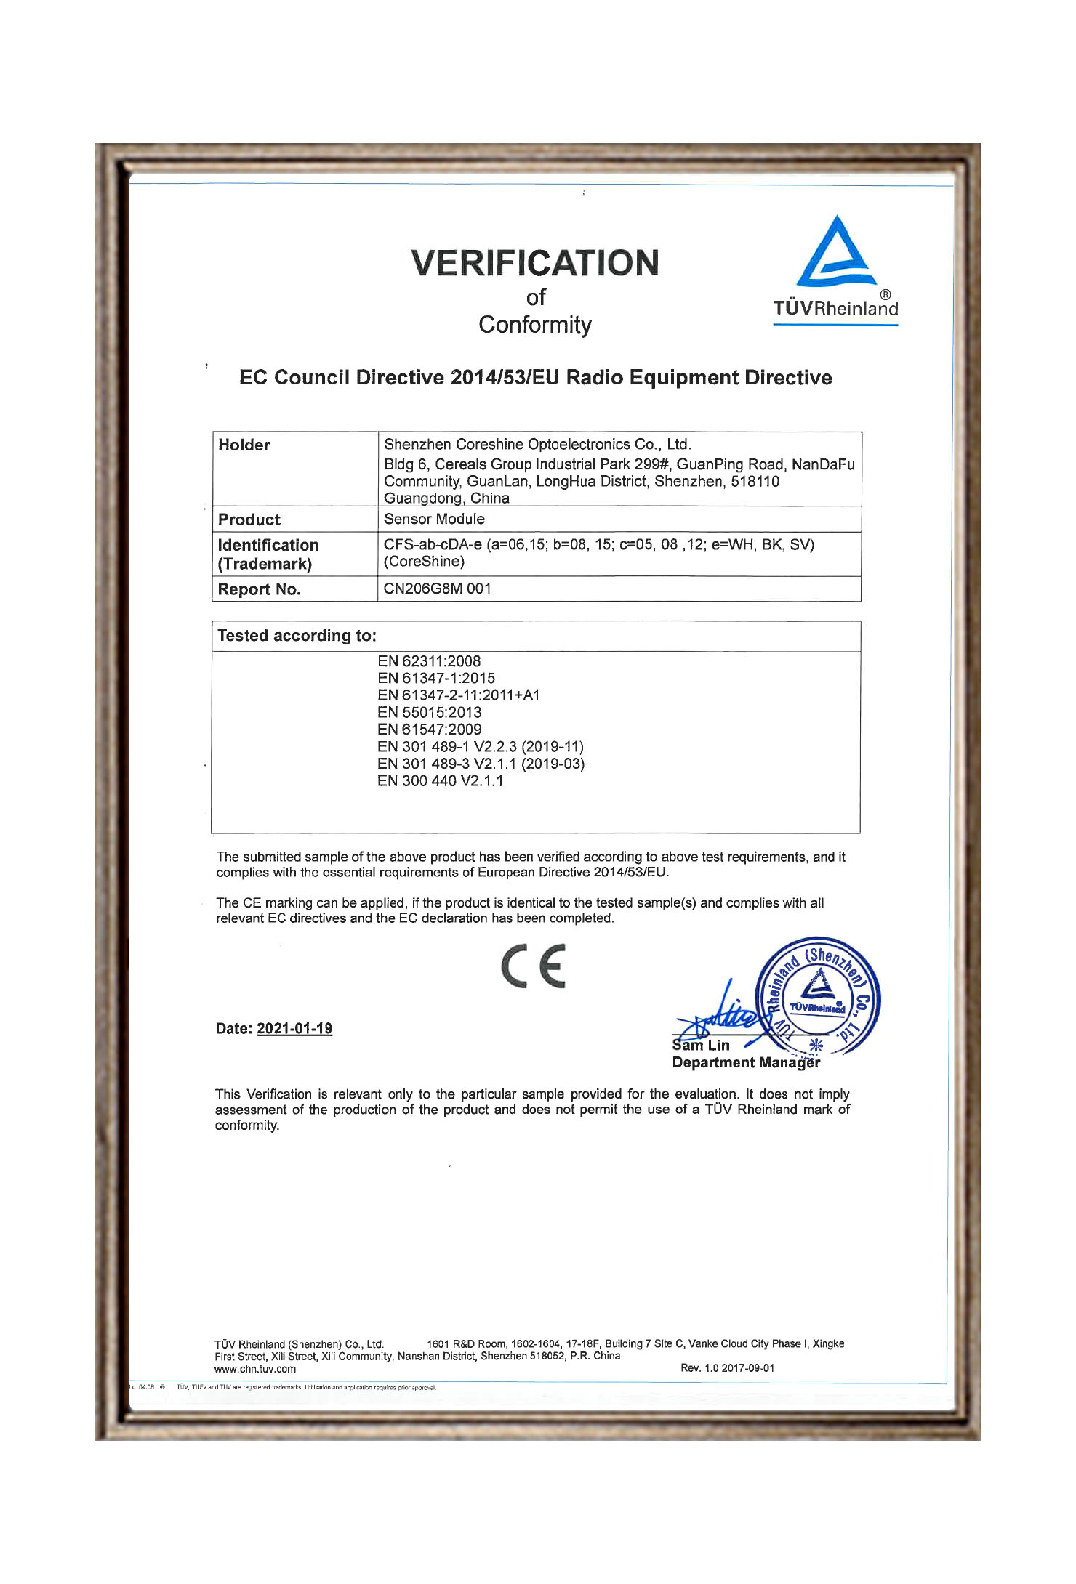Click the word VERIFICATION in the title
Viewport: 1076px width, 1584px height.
click(535, 263)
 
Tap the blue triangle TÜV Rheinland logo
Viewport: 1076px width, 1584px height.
click(835, 254)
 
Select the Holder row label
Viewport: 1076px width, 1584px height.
click(244, 445)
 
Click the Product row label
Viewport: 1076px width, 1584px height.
click(249, 520)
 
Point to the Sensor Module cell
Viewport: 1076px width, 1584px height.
click(434, 519)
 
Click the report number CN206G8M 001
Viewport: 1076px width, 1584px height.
click(437, 589)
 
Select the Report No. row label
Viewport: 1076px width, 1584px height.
click(259, 589)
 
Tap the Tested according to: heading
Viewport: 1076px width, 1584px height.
click(297, 636)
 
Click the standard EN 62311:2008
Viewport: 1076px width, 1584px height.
click(429, 661)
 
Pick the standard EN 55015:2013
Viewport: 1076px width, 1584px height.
click(429, 712)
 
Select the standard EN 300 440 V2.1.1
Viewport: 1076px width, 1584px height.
click(440, 781)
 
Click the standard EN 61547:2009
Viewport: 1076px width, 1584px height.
click(429, 730)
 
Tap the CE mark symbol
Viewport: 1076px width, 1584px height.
click(534, 966)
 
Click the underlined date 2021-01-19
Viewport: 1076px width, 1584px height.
click(294, 1028)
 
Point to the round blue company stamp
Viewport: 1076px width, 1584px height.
click(818, 995)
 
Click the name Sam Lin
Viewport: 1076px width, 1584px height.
click(701, 1046)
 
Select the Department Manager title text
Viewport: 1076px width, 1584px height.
click(746, 1062)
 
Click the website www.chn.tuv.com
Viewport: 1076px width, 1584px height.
click(255, 1369)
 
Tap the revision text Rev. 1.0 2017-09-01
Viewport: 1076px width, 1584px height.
click(727, 1367)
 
